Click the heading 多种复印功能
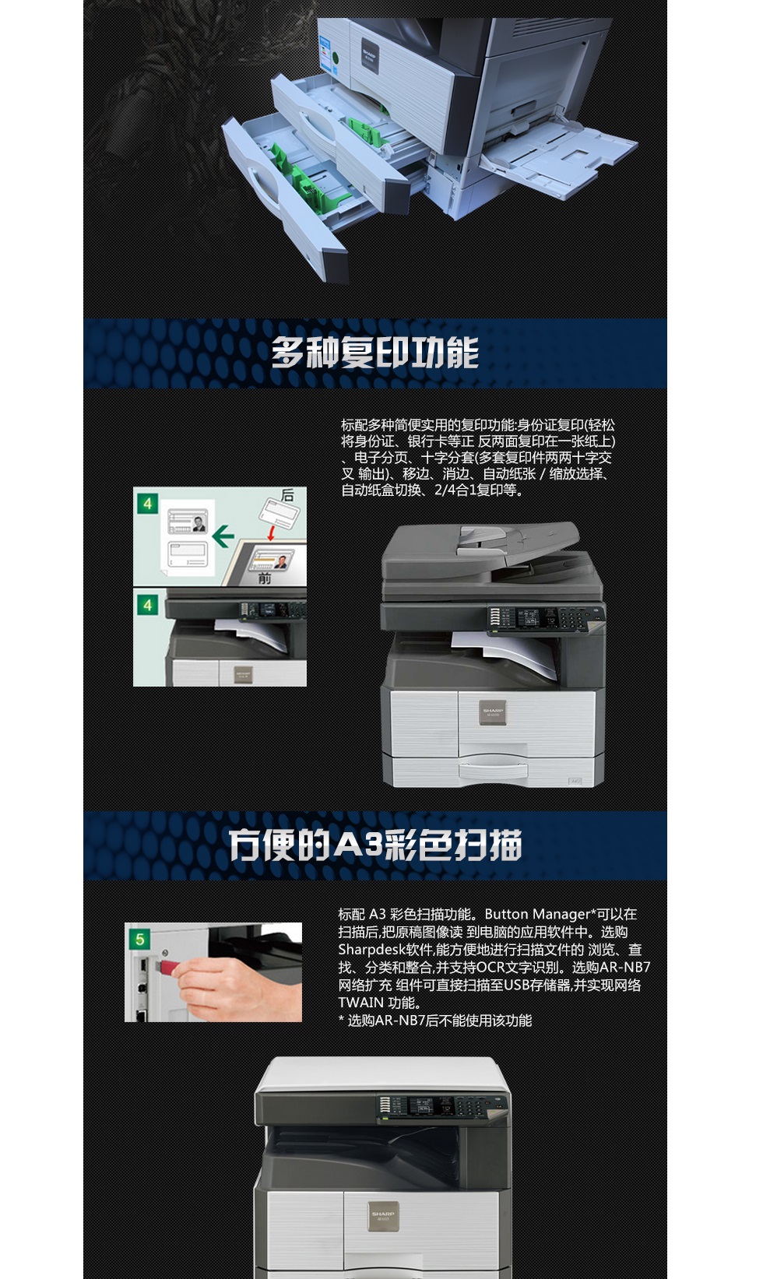[x=374, y=353]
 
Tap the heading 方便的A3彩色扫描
[x=374, y=845]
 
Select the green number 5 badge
[x=140, y=939]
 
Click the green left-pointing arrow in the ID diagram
[x=223, y=536]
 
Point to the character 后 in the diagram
[x=287, y=496]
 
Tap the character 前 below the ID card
[x=265, y=578]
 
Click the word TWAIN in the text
[x=360, y=1003]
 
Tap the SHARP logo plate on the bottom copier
[x=382, y=1216]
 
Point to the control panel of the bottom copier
[x=440, y=1106]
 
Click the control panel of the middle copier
[x=545, y=619]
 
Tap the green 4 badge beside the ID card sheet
[x=147, y=504]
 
